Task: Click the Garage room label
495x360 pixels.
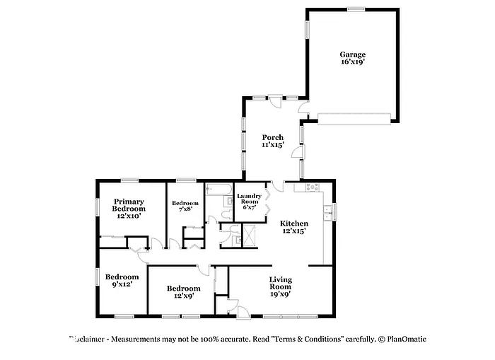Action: [352, 58]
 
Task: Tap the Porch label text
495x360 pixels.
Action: [273, 141]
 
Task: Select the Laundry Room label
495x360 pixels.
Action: [249, 202]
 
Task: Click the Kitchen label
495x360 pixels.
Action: [293, 226]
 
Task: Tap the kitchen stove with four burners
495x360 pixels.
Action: [312, 188]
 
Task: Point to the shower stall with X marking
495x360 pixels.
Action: [250, 232]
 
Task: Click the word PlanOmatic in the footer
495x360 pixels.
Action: [407, 339]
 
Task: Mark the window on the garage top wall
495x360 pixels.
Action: [356, 8]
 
